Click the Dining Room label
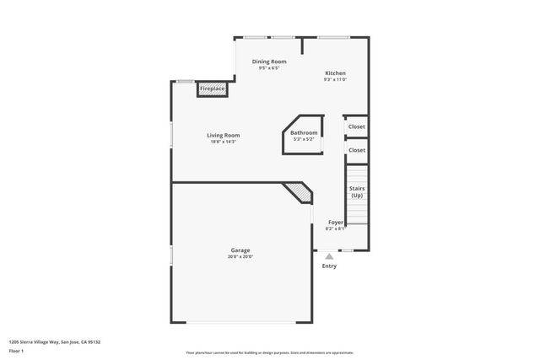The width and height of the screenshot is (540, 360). point(269,62)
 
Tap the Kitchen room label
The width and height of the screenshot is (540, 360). point(335,73)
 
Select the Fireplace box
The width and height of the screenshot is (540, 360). point(212,88)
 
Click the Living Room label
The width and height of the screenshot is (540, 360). point(224,135)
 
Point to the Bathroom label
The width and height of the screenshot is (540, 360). point(304,132)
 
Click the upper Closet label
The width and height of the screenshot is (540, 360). point(357,126)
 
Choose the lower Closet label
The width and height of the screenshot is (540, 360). point(357,150)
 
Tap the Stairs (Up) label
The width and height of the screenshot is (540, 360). point(357,192)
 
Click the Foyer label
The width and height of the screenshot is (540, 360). point(336,222)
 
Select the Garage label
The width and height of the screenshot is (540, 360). point(240,250)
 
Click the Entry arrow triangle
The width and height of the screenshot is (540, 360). point(329,256)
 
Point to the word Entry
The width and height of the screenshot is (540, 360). point(329,266)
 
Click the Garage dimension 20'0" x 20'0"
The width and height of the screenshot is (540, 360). point(240,256)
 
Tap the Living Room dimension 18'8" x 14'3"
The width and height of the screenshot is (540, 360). point(224,142)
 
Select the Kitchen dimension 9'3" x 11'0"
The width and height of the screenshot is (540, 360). point(335,81)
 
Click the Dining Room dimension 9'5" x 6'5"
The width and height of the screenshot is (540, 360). point(269,68)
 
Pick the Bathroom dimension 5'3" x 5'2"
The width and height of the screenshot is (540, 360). point(304,139)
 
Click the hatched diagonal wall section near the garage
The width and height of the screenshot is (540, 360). point(299,193)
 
